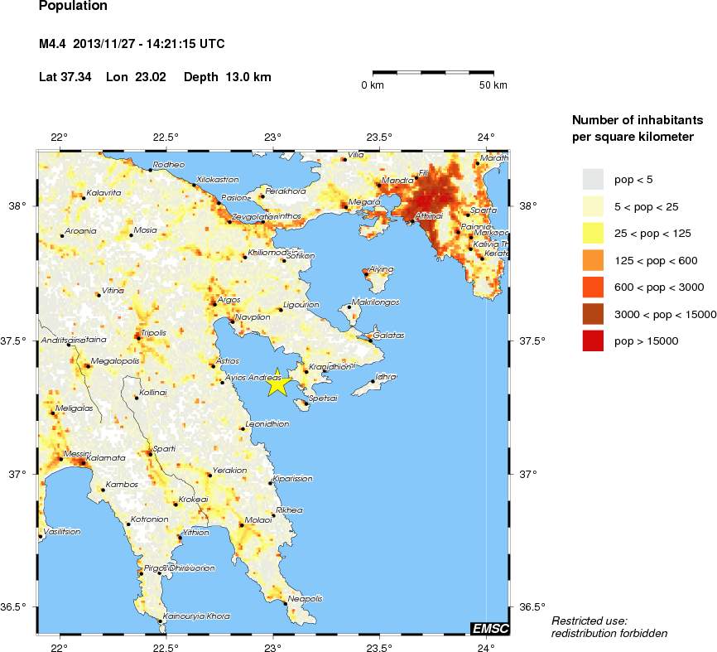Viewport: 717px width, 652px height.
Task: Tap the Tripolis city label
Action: [155, 333]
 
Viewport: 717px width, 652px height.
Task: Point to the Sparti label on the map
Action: [163, 448]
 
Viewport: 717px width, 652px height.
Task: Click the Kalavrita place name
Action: [103, 193]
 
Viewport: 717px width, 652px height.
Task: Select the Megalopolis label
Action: [115, 361]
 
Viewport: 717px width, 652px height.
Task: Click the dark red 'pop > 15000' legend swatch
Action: [593, 340]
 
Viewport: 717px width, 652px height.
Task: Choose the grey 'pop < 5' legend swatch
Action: [593, 179]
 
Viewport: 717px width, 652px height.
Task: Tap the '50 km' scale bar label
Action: [493, 85]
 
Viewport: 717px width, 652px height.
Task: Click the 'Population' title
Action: [73, 7]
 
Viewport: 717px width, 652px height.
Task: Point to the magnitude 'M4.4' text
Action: [53, 44]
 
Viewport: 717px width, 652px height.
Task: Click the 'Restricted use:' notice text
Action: [589, 621]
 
